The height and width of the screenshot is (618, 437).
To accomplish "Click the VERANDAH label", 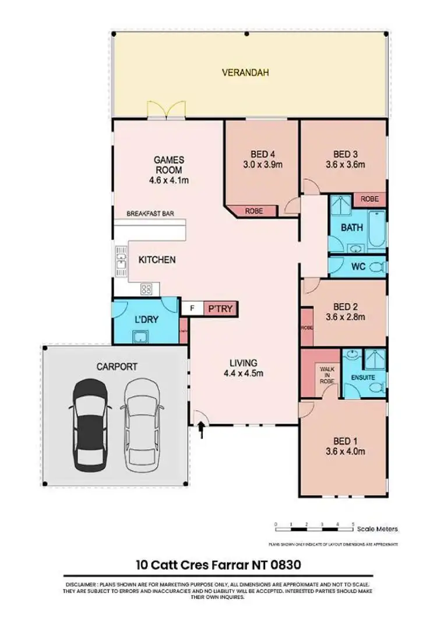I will tap(248, 73).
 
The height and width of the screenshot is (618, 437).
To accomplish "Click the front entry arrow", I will tap(202, 430).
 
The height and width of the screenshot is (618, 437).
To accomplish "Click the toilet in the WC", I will tap(376, 267).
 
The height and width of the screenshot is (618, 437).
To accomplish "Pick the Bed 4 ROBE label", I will tap(253, 211).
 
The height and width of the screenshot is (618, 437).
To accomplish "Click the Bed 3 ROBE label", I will tap(369, 199).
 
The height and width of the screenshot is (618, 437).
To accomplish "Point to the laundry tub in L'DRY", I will tap(140, 336).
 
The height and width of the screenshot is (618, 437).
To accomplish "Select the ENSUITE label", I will tap(364, 378).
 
